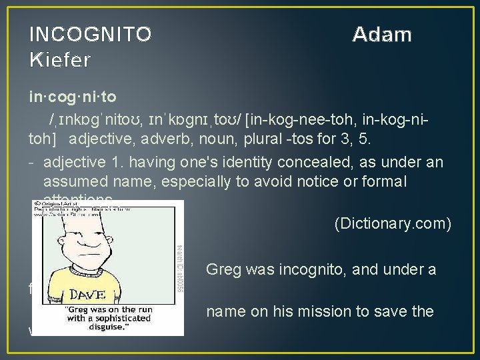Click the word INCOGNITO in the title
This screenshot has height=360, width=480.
(91, 34)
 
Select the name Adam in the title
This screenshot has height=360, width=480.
(382, 34)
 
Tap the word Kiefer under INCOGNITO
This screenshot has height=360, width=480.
(61, 60)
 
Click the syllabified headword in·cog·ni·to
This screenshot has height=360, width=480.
(72, 97)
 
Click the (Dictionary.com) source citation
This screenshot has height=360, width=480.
(392, 224)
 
